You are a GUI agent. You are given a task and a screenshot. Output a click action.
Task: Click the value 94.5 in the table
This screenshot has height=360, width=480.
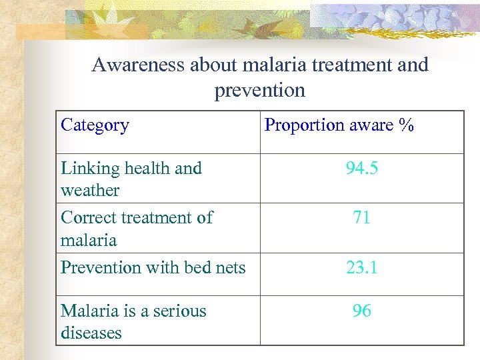(361, 169)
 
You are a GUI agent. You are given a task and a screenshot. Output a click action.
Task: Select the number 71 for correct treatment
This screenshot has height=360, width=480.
(361, 218)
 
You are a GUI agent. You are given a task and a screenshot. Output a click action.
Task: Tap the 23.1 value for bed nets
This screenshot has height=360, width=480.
(361, 268)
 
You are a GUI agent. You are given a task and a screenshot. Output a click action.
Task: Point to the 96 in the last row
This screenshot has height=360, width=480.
(361, 311)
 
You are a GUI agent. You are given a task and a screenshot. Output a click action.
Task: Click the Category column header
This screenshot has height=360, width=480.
(95, 125)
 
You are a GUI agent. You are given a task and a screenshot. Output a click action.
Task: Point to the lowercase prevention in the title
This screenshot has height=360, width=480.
(259, 90)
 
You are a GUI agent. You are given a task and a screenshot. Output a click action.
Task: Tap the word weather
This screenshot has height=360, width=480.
(90, 191)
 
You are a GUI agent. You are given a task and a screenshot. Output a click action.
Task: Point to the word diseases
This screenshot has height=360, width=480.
(91, 333)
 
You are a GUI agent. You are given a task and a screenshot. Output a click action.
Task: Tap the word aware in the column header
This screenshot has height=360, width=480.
(367, 125)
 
